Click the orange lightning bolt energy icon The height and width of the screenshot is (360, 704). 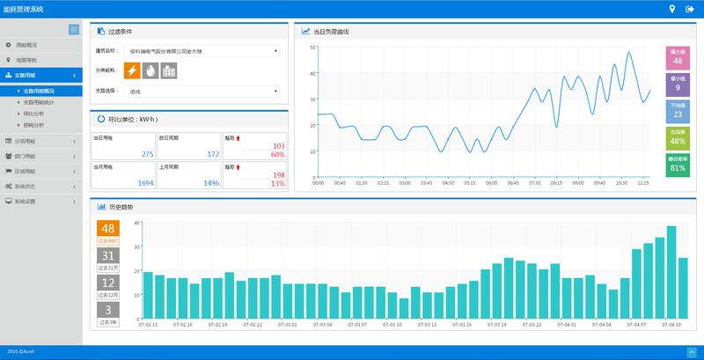133,70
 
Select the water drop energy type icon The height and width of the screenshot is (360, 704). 150,70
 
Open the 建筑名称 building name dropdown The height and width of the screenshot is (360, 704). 202,51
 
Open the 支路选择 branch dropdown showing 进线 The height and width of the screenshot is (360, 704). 202,91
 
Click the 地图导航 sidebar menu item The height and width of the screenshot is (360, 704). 28,60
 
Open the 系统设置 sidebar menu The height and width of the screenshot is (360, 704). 27,202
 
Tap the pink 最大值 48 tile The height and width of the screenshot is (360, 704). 678,57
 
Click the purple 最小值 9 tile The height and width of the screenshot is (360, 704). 678,84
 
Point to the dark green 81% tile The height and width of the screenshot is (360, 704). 678,164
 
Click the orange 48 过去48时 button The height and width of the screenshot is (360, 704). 108,232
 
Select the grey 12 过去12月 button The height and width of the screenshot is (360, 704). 108,286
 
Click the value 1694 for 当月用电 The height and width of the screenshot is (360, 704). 145,183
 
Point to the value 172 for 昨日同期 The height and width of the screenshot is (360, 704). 212,154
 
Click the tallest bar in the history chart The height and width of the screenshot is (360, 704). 671,273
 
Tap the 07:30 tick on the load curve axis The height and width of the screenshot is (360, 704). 534,183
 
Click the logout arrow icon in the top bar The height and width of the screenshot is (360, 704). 689,9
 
